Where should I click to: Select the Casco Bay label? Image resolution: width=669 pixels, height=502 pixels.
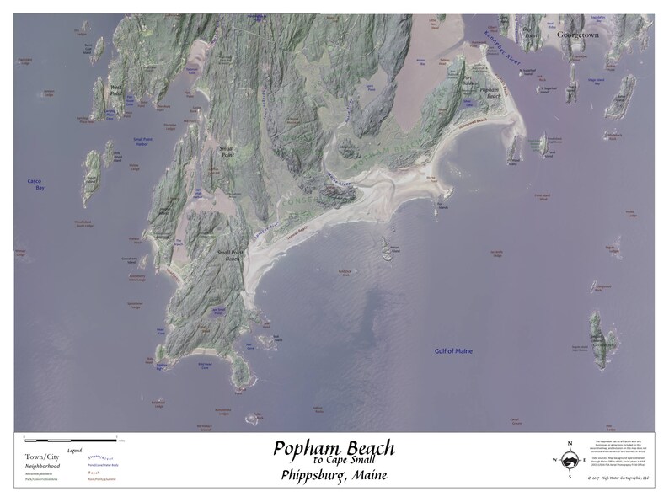pyautogui.click(x=35, y=184)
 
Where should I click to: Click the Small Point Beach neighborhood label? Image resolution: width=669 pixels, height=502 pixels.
pyautogui.click(x=228, y=255)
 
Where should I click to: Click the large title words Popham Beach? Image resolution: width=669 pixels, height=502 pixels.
pyautogui.click(x=333, y=448)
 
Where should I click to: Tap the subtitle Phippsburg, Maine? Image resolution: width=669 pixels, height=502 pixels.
pyautogui.click(x=333, y=477)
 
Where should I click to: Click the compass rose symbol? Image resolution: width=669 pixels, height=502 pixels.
pyautogui.click(x=570, y=460)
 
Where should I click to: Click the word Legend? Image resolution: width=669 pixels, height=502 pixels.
pyautogui.click(x=75, y=451)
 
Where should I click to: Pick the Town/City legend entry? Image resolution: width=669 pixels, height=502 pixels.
pyautogui.click(x=41, y=456)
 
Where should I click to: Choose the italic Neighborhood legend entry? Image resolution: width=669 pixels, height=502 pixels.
pyautogui.click(x=41, y=465)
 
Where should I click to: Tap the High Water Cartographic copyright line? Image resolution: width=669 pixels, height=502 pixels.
pyautogui.click(x=619, y=478)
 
